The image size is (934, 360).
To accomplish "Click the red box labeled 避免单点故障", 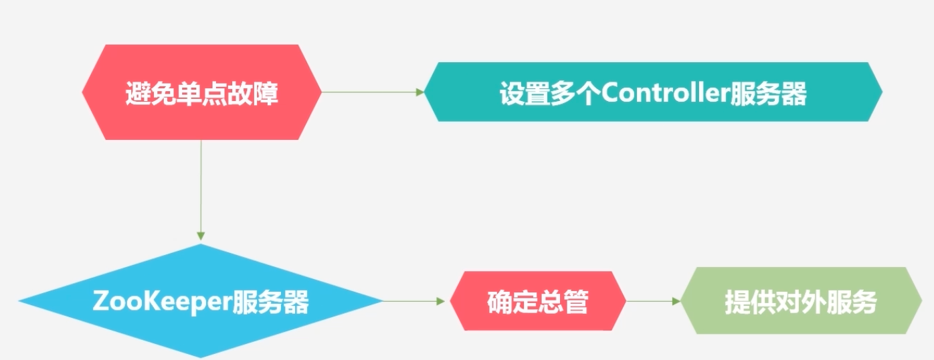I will coord(201,92).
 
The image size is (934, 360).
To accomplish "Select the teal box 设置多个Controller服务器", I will coord(653,92).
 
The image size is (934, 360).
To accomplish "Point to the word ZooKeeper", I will coord(161,302).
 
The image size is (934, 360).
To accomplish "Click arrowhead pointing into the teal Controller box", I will coord(419,92).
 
